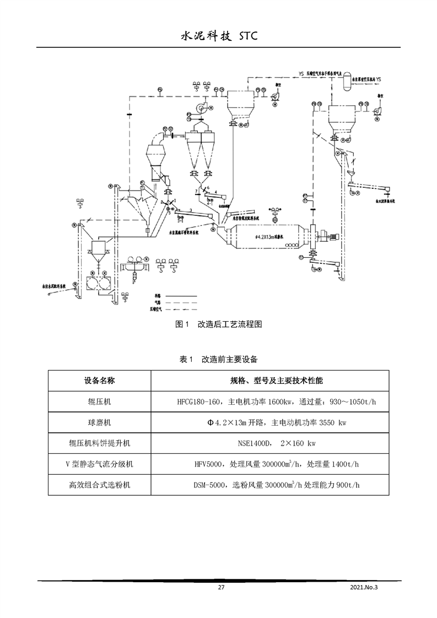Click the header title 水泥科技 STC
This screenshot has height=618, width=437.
pos(219,36)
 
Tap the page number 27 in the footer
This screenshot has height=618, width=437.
pos(221,588)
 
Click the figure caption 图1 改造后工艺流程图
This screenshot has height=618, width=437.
pos(218,324)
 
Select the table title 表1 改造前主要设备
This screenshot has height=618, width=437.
pos(219,359)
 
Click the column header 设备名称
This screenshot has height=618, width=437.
pos(100,381)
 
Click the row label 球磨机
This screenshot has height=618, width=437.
pos(100,422)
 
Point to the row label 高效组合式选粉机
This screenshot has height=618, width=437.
pos(100,485)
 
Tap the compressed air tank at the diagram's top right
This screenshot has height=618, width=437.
pos(347,81)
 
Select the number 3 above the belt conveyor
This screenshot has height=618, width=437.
pos(190,210)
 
